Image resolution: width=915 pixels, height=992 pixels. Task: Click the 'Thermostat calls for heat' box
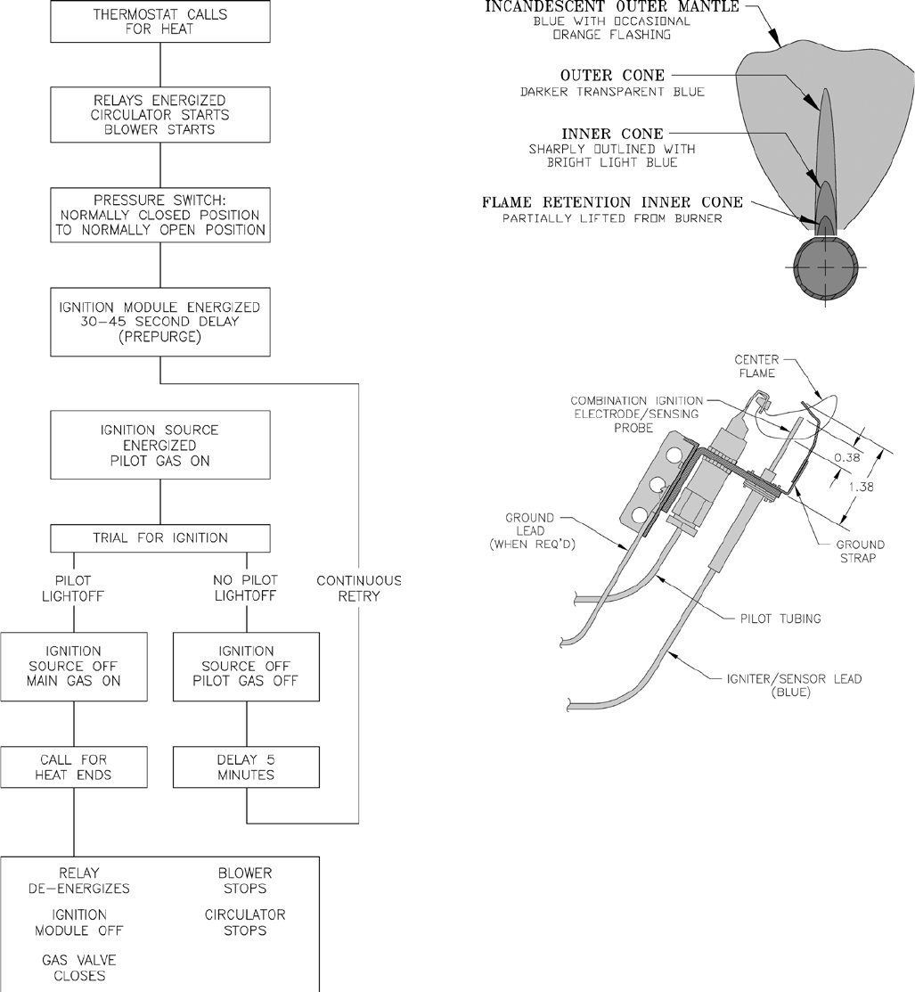click(159, 20)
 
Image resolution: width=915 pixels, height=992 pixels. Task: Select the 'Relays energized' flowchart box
click(159, 113)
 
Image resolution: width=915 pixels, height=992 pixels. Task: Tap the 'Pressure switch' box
click(159, 215)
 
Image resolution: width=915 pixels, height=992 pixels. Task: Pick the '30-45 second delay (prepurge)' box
click(159, 322)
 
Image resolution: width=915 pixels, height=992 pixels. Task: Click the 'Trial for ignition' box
click(159, 537)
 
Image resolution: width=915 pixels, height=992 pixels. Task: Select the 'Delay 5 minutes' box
click(245, 767)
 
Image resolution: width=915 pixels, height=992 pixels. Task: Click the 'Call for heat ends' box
click(74, 767)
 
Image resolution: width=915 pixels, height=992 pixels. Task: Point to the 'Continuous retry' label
click(359, 588)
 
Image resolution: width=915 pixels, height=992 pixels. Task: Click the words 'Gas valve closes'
click(79, 967)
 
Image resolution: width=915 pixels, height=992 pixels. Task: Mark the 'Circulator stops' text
click(245, 922)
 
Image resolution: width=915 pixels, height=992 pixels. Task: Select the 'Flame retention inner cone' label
click(611, 202)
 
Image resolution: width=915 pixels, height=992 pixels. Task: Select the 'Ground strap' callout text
click(861, 551)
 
